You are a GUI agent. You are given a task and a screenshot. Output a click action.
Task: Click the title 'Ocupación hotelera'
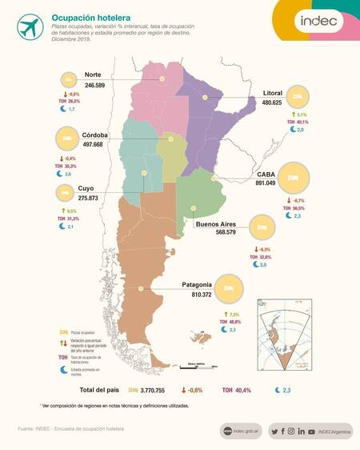[86, 15]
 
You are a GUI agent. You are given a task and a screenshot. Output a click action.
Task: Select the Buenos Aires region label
[222, 225]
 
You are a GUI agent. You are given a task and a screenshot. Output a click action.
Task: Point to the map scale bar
[195, 366]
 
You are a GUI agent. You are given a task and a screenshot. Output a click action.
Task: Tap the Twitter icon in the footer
[274, 431]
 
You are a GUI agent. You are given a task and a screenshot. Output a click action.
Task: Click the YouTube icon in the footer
[311, 431]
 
